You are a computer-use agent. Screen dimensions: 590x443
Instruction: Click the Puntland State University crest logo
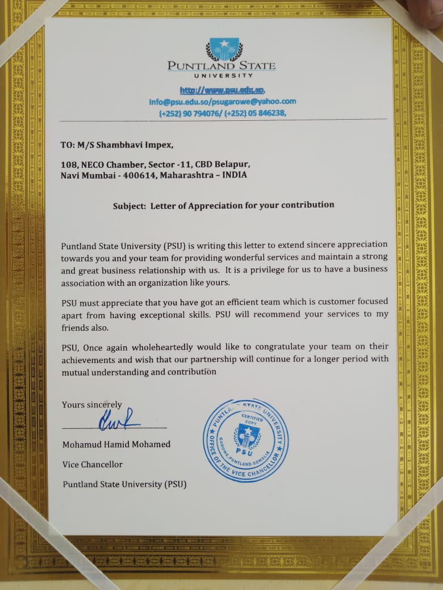click(x=224, y=49)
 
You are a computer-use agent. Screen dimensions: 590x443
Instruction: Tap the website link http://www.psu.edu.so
click(x=223, y=90)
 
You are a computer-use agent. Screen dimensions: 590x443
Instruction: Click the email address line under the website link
click(x=223, y=102)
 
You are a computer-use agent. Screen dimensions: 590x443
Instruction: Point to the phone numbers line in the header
click(x=223, y=113)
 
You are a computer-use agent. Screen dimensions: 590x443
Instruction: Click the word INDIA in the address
click(x=235, y=175)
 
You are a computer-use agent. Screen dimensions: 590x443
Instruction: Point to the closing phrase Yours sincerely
click(x=92, y=404)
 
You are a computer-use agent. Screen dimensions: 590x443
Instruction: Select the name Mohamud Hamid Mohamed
click(x=116, y=444)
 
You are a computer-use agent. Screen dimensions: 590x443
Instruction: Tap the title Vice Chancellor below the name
click(x=92, y=464)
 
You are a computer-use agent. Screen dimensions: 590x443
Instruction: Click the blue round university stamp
click(x=245, y=440)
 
